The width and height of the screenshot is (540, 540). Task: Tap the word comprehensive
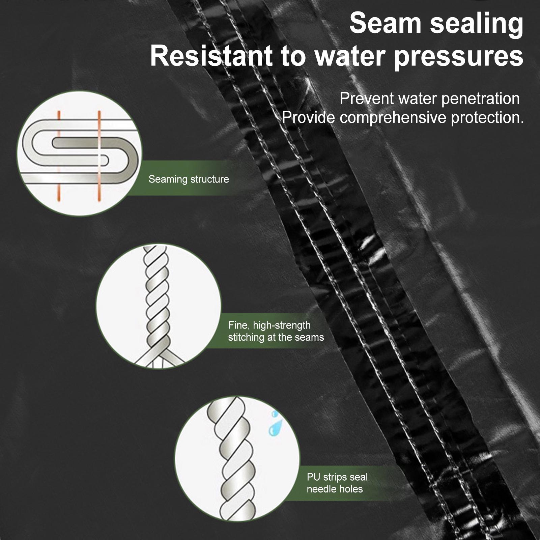[393, 118]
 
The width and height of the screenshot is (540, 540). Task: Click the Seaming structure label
[189, 179]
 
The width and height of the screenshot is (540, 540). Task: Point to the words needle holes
[335, 489]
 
